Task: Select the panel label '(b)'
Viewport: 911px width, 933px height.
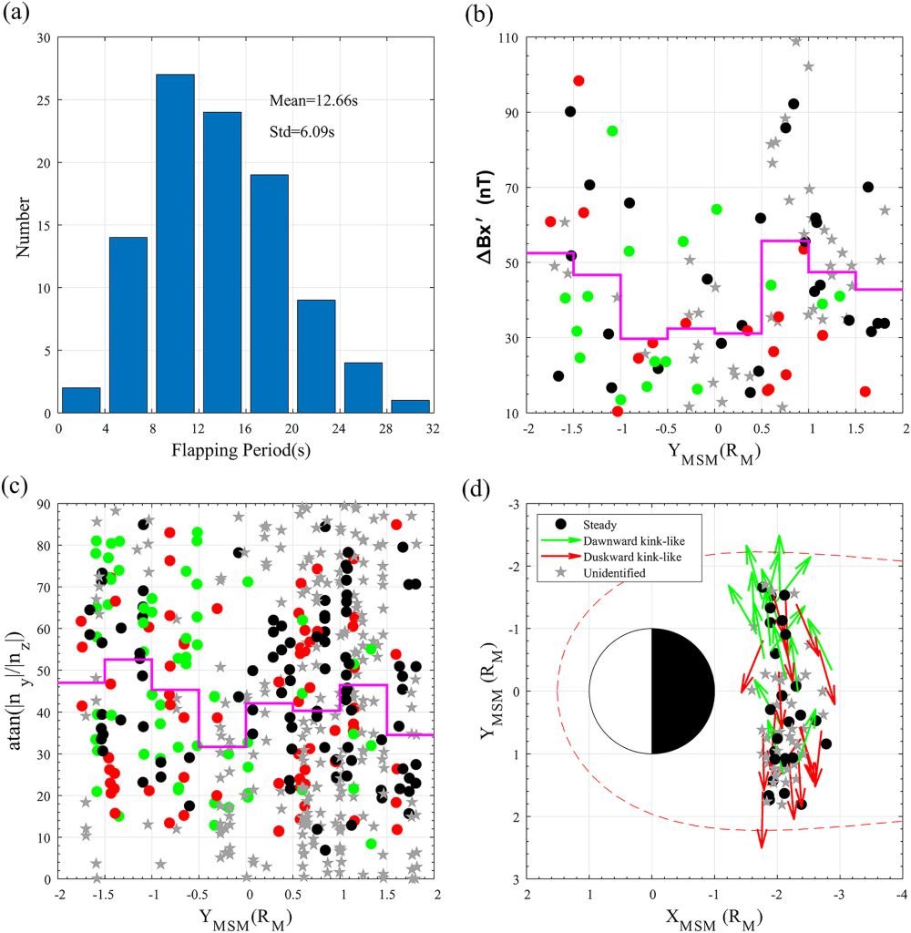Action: click(x=479, y=13)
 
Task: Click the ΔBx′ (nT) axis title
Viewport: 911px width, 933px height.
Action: click(x=489, y=226)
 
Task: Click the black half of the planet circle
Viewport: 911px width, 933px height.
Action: click(x=681, y=691)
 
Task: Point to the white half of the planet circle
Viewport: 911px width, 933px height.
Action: click(x=620, y=691)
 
